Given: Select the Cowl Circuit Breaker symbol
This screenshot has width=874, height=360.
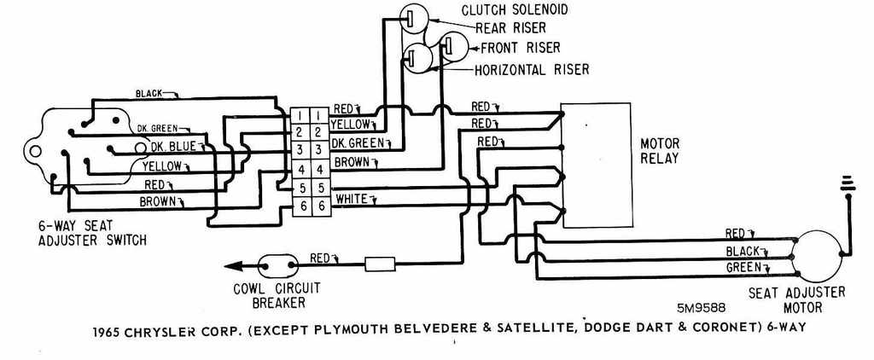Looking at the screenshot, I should (276, 265).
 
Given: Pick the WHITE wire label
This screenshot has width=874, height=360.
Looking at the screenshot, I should (352, 199).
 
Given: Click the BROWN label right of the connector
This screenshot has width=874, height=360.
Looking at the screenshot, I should (351, 161).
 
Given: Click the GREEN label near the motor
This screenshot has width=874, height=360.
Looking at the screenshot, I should (743, 267).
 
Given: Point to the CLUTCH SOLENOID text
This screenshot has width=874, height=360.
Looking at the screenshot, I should (527, 10).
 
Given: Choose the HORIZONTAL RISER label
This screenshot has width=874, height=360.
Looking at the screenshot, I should (531, 69).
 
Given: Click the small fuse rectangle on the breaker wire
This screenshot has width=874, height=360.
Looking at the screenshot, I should (381, 264).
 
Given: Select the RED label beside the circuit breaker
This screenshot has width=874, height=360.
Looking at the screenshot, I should (320, 257).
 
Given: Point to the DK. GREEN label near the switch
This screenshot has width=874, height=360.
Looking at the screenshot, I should (157, 128).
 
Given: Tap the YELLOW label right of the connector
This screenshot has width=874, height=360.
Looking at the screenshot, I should (354, 124).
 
